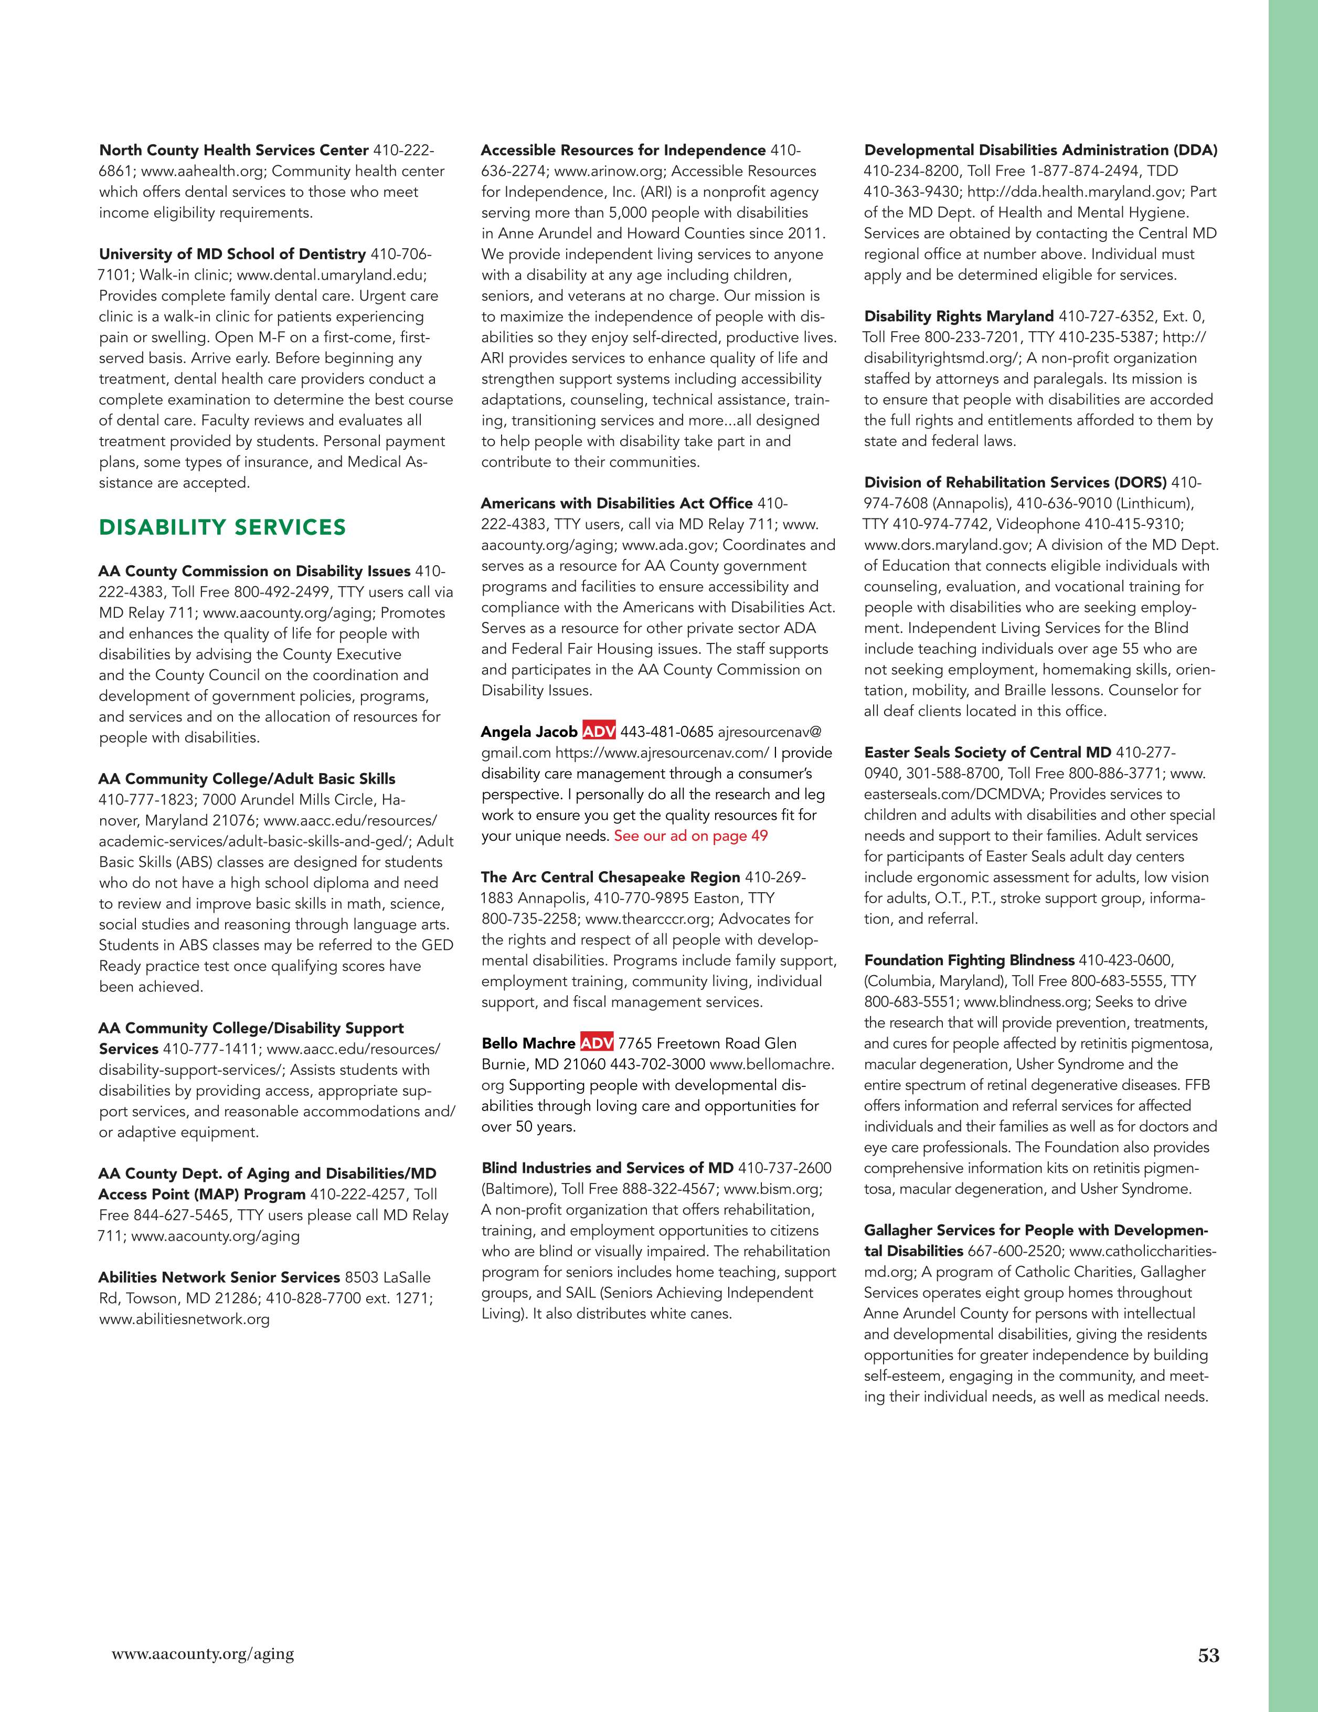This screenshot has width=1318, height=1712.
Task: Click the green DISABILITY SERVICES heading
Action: coord(222,527)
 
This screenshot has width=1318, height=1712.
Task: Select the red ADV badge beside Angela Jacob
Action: coord(599,732)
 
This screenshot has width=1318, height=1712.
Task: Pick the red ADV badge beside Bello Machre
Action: coord(597,1043)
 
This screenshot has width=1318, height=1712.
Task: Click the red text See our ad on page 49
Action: coord(690,836)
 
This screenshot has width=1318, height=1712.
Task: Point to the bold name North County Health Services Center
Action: coord(233,150)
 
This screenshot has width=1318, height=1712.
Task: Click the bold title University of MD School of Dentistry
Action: coord(232,254)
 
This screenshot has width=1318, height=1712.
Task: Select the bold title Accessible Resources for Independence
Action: coord(623,150)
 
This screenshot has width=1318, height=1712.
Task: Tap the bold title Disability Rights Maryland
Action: coord(959,316)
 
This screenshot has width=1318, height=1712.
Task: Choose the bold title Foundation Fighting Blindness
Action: coord(969,960)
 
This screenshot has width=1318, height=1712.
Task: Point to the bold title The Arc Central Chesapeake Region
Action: coord(610,877)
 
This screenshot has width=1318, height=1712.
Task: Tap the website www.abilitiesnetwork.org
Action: coord(184,1319)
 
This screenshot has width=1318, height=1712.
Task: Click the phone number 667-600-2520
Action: coord(1015,1251)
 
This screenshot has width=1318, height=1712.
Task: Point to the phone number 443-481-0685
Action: coord(667,732)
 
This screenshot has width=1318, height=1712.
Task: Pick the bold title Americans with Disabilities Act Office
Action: coord(617,503)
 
